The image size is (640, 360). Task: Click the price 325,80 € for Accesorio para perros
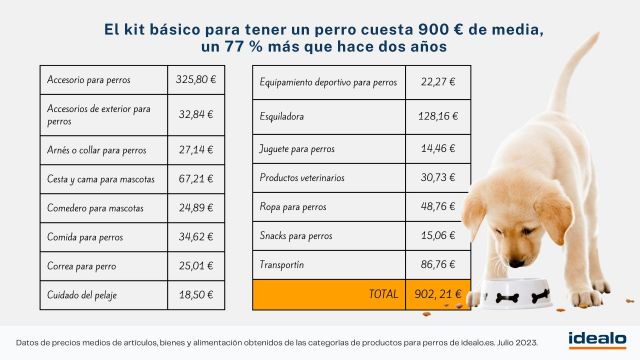coord(197,79)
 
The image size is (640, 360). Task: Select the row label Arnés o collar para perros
coord(96,150)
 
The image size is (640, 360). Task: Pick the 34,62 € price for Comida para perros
coord(197,237)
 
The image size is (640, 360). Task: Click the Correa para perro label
coord(82,267)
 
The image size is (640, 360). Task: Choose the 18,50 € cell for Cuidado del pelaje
coord(197,295)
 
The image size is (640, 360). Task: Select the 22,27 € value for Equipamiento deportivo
coord(438,82)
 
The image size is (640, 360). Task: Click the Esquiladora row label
coord(282,116)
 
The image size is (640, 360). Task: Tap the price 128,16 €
coord(438,116)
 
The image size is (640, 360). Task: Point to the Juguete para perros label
coord(297,149)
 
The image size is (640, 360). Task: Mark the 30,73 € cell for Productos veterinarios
coord(438,177)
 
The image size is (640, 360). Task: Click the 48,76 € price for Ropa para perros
coord(438,207)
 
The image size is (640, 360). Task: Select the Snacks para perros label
coord(296,236)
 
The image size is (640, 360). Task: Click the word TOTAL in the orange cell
coord(381,296)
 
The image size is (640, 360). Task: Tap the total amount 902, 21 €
coord(438,296)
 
